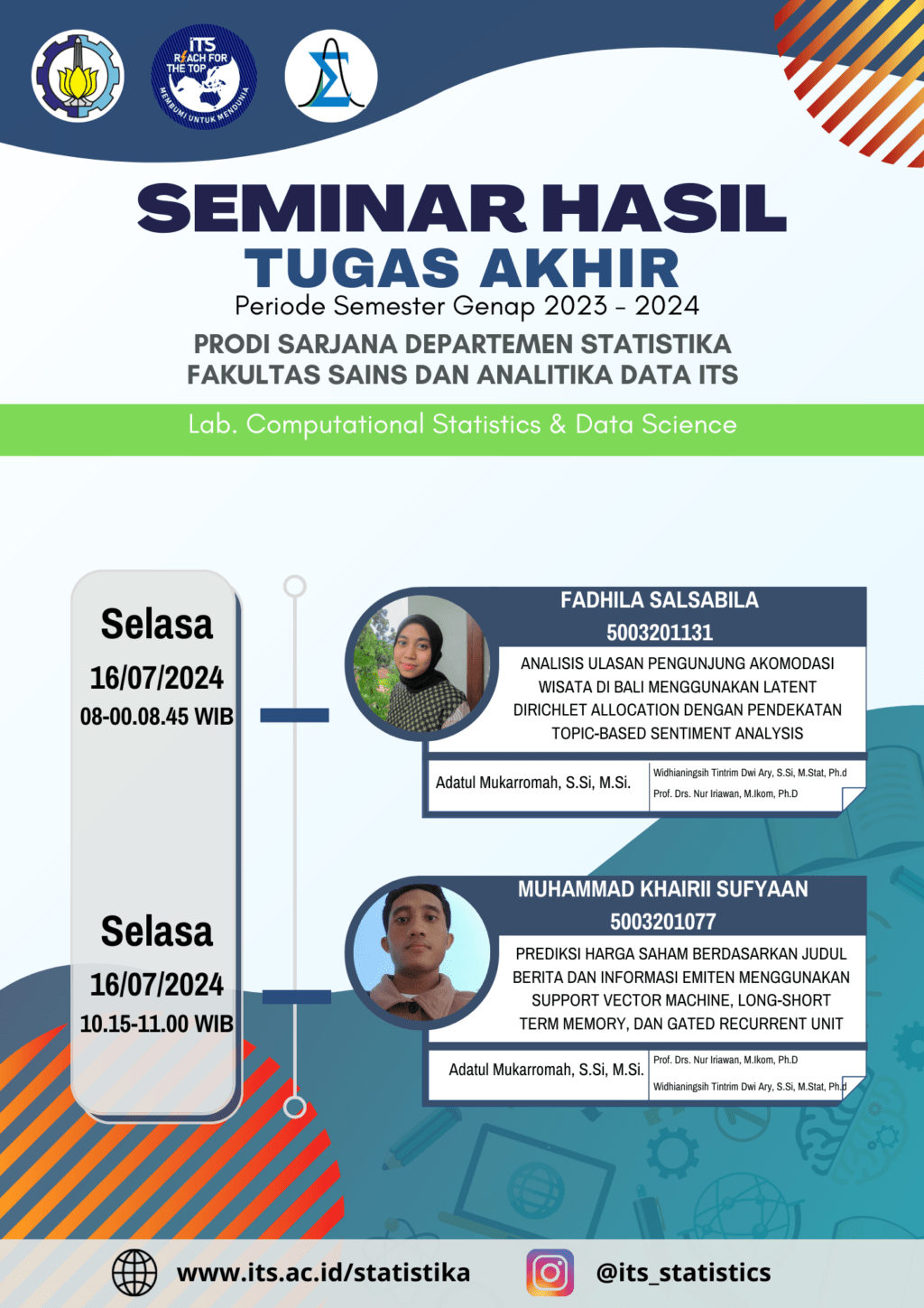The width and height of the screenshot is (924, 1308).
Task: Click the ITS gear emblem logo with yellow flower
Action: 78,76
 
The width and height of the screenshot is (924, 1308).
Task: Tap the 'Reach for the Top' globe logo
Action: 204,76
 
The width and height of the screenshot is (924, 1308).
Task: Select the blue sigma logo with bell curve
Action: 331,76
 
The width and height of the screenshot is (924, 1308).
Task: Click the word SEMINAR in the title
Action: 332,208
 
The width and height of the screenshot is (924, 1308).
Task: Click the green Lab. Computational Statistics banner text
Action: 462,424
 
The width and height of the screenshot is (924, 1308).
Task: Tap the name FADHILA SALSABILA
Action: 660,600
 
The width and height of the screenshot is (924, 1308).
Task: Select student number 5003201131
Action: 660,633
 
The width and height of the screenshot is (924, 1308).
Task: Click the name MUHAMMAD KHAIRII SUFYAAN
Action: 663,889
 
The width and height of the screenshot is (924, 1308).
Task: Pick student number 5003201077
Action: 663,922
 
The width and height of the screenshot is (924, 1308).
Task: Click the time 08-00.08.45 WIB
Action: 156,717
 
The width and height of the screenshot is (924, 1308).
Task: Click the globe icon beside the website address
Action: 134,1273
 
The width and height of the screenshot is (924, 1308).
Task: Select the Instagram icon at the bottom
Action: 550,1273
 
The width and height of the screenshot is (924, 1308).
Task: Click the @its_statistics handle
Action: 683,1273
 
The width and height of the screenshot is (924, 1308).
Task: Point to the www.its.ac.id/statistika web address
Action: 323,1273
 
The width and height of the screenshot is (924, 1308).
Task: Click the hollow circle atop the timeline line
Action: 295,586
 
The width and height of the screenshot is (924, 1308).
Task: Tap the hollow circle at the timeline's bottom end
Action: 295,1107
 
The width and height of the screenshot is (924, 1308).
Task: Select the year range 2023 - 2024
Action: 621,306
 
